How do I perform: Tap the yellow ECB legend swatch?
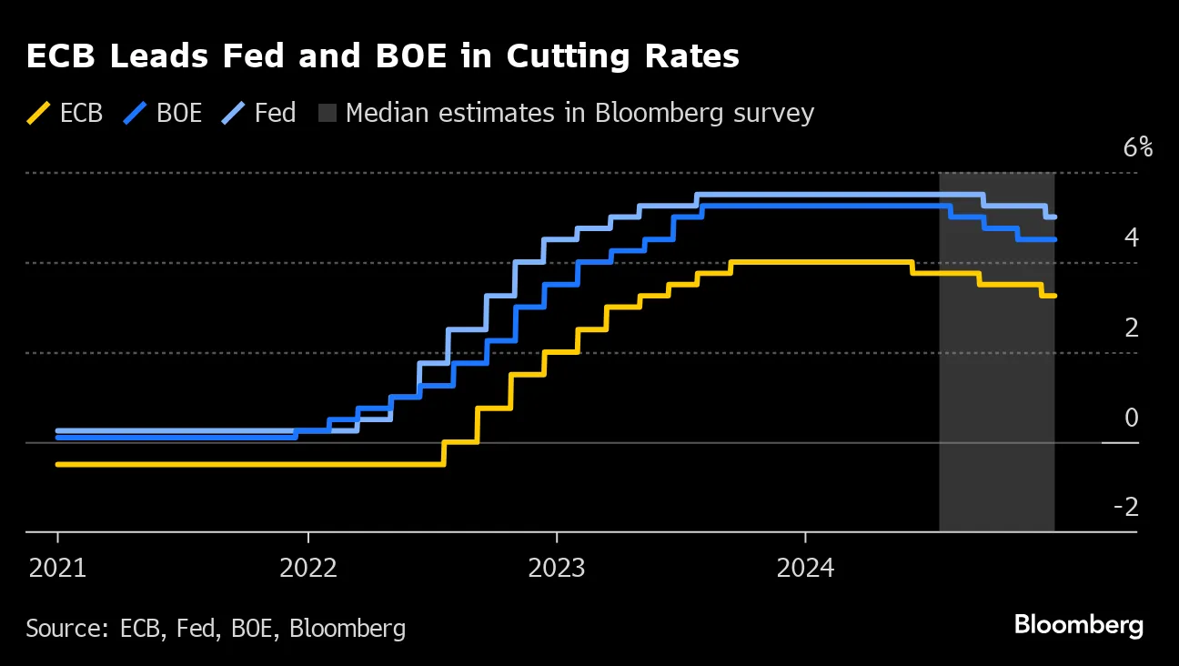(39, 114)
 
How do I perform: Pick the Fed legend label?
(275, 114)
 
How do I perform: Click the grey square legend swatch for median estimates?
(327, 114)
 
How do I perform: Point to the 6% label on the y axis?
(1137, 147)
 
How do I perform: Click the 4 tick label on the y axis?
(1132, 237)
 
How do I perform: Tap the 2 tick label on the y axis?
(1132, 328)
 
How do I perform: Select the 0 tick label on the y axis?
(1132, 418)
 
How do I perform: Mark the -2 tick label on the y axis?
(1126, 507)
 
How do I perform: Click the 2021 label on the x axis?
(57, 569)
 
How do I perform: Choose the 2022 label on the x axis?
(307, 569)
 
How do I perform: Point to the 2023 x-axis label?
(557, 569)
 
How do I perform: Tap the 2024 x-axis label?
(806, 569)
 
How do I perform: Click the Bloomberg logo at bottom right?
(1078, 626)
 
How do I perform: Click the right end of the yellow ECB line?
(1054, 296)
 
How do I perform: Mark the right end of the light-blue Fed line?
(1054, 217)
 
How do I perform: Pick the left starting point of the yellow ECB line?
(57, 464)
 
